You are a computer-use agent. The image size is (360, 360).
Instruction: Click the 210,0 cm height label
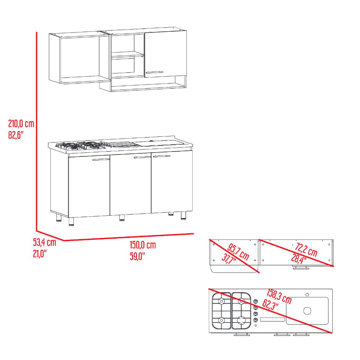click(21, 124)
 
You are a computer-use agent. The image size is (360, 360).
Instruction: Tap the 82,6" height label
click(16, 135)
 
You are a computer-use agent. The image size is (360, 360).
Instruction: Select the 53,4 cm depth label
click(45, 242)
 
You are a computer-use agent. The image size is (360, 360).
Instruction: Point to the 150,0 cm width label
click(143, 245)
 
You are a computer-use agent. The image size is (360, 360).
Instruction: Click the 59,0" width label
click(137, 256)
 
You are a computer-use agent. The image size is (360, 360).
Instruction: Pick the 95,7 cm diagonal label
click(238, 252)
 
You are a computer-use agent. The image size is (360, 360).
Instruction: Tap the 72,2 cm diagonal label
click(306, 249)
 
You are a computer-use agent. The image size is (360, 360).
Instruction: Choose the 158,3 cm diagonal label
click(279, 296)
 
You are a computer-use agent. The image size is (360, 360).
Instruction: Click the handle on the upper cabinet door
click(154, 72)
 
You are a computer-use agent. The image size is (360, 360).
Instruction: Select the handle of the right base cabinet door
click(162, 156)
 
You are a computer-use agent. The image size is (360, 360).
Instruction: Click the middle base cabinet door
click(130, 184)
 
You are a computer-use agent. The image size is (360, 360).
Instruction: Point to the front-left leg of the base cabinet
click(71, 221)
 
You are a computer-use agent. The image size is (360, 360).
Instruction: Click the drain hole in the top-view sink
click(307, 311)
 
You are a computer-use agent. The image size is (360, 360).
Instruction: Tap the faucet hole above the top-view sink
click(307, 294)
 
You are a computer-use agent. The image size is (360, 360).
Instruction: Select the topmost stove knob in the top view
click(256, 301)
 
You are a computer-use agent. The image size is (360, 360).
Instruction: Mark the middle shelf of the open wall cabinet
click(128, 54)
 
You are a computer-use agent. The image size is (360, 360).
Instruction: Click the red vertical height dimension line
click(36, 131)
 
